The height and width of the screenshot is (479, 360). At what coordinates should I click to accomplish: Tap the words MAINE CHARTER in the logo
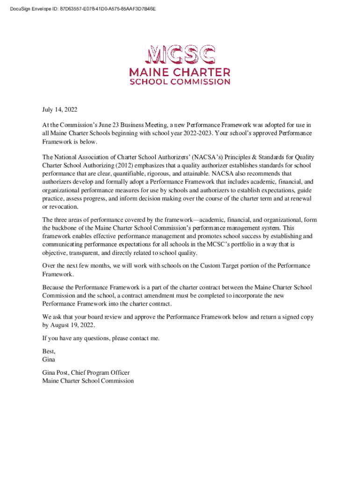(x=180, y=73)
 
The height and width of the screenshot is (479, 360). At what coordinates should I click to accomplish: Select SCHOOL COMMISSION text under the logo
(x=180, y=82)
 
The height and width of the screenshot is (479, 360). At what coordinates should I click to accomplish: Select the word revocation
(x=64, y=207)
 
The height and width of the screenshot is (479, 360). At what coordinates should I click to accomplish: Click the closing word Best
(x=49, y=351)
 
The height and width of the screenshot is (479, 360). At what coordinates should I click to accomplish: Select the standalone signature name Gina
(x=49, y=359)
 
